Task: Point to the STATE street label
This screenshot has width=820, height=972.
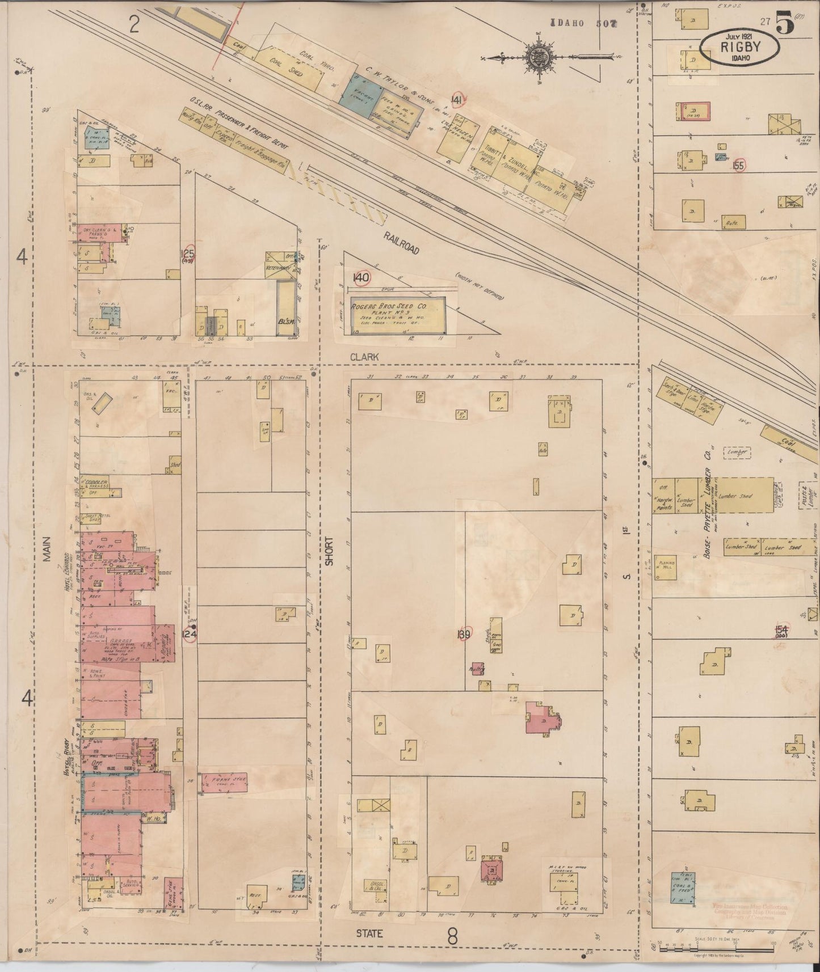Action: point(369,932)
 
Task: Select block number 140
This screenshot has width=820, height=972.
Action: point(361,278)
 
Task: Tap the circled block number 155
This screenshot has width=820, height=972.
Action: point(738,166)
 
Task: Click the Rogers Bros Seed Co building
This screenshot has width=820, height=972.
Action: point(397,315)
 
